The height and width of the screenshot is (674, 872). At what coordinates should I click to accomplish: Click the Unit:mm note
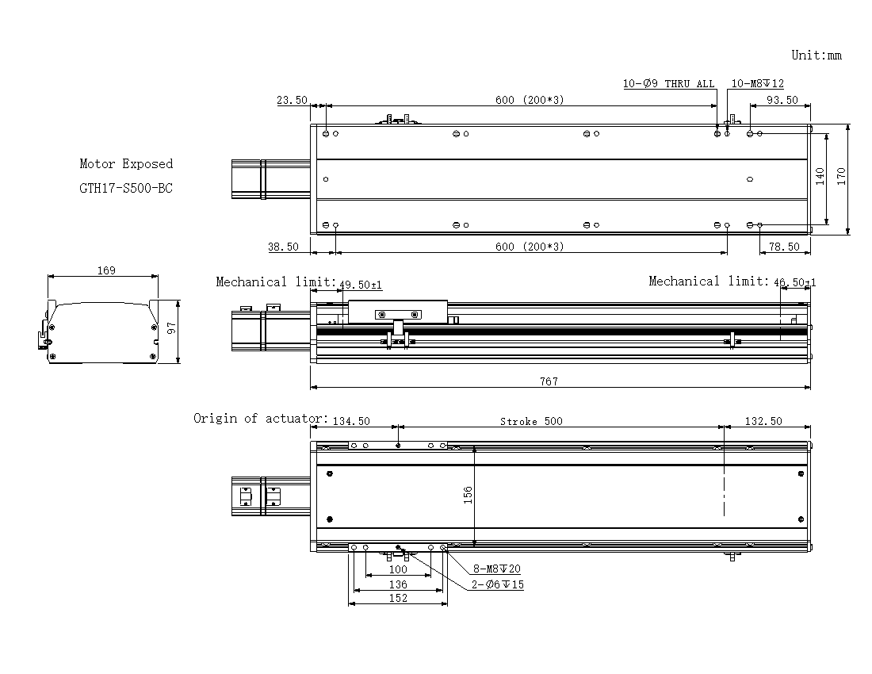click(x=817, y=55)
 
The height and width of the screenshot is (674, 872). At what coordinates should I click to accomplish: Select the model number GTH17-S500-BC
click(x=126, y=188)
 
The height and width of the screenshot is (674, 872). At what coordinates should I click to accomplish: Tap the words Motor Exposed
click(x=126, y=163)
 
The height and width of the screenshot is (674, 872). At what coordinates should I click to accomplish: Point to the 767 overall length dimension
click(x=549, y=381)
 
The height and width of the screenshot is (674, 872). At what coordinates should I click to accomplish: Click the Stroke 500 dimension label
click(x=531, y=421)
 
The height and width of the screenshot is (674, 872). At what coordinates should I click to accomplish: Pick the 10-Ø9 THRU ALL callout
click(x=668, y=83)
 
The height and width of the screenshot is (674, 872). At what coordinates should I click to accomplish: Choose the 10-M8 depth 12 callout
click(x=757, y=83)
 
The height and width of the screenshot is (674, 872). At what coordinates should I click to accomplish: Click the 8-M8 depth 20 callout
click(x=496, y=569)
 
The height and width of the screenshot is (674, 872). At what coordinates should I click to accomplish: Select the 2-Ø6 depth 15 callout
click(x=498, y=584)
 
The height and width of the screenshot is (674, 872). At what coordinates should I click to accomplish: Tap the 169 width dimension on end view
click(x=106, y=270)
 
